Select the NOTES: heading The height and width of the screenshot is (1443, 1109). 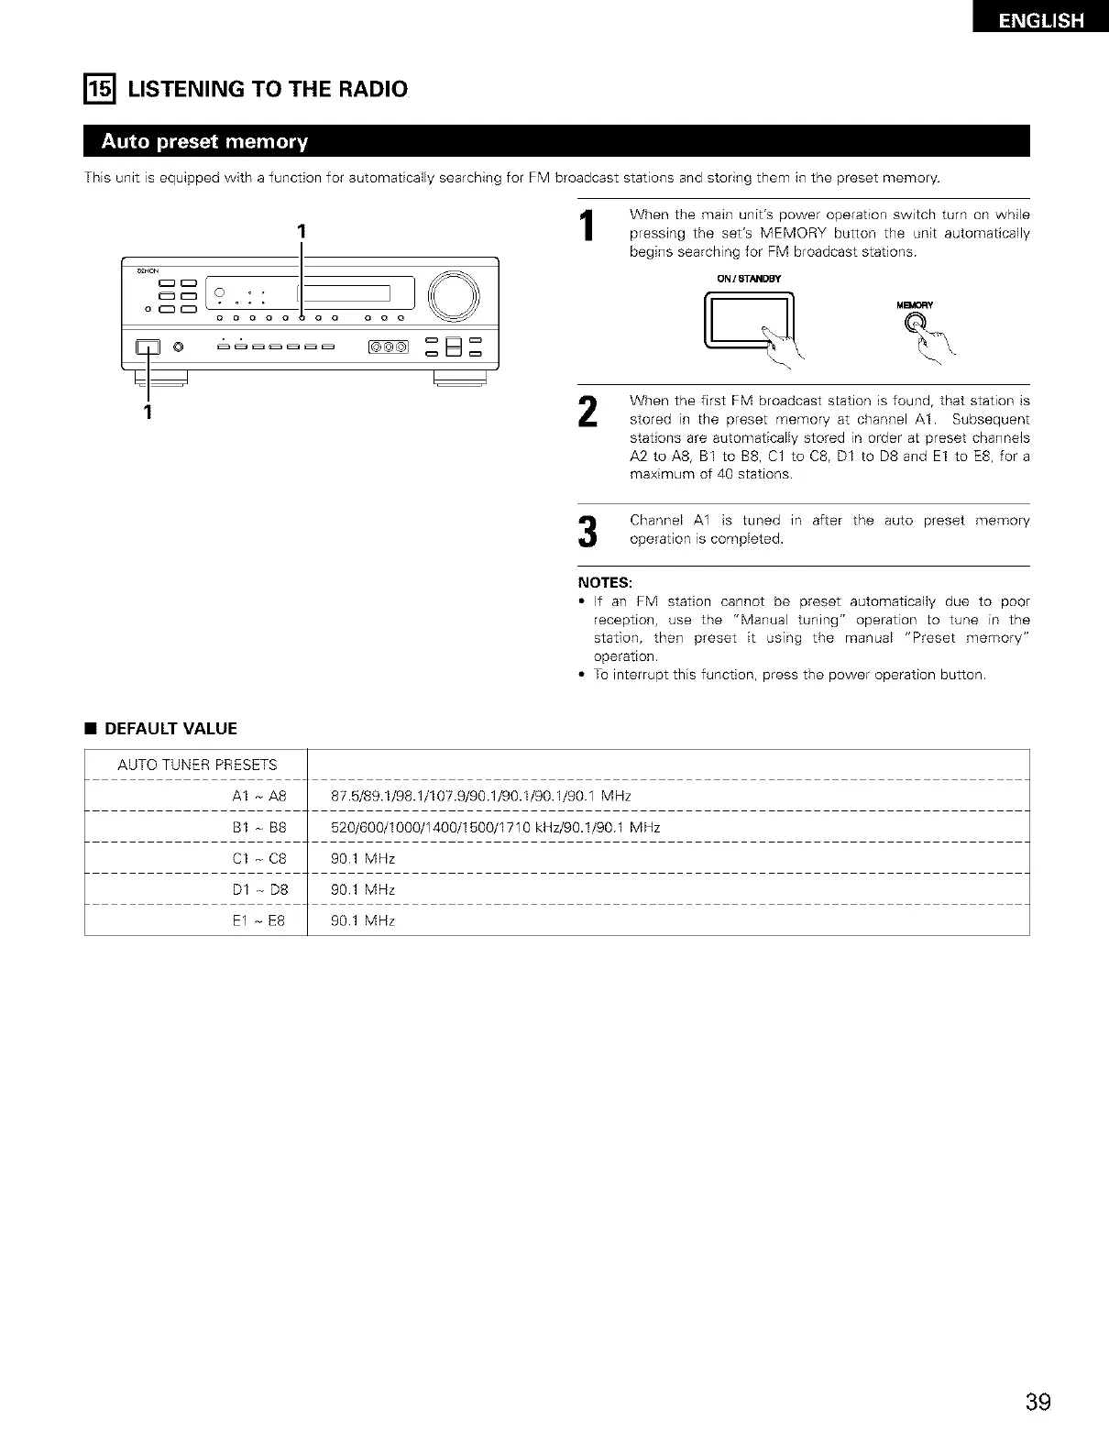pos(604,583)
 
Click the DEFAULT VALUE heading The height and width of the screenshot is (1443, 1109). pos(170,729)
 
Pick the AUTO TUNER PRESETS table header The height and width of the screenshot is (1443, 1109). pos(197,765)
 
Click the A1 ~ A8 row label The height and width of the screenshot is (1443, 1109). pos(259,796)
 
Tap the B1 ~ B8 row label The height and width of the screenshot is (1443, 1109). pos(259,827)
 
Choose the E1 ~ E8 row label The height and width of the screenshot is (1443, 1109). pos(259,920)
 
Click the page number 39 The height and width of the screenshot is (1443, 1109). pos(1038,1402)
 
